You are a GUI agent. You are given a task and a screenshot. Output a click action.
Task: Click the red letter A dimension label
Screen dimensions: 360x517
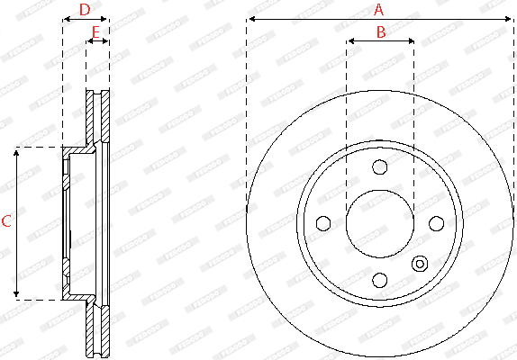[x=379, y=10]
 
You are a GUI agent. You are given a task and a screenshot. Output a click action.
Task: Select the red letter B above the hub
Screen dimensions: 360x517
[x=380, y=31]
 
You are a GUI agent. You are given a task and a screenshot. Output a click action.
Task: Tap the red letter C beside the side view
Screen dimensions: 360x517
[x=6, y=221]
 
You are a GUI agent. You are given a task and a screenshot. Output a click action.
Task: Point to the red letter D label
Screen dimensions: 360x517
[x=85, y=10]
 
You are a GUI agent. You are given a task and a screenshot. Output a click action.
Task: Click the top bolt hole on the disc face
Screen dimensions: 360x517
[x=379, y=166]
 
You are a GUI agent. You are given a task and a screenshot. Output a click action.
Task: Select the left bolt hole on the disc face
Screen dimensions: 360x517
[x=322, y=223]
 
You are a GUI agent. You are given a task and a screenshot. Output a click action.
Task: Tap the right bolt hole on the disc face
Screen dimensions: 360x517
[x=436, y=223]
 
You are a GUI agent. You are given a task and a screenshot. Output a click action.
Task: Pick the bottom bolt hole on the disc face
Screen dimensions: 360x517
[x=379, y=280]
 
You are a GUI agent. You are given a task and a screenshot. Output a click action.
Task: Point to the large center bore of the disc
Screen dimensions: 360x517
[x=379, y=223]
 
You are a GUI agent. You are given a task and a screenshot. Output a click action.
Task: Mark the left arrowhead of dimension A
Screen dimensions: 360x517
[x=249, y=19]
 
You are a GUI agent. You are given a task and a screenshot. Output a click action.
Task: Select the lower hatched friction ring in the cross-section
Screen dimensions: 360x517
[x=97, y=329]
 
